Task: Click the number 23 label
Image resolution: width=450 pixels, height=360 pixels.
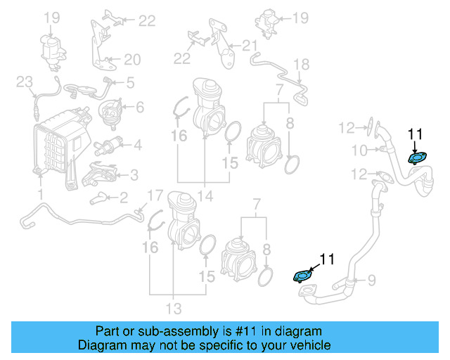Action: tap(25, 83)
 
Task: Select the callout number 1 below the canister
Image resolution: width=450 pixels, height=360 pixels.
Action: tap(40, 193)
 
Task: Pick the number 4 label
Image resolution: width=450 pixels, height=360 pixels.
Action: tap(130, 83)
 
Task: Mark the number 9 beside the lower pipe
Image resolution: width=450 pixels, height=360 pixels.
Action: tap(359, 150)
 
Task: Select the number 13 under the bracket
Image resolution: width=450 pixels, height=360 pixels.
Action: tap(205, 195)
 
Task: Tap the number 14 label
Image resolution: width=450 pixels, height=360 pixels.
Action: tap(155, 194)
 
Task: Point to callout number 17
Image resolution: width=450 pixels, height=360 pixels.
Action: tap(301, 65)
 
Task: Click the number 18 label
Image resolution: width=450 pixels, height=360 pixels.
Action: tap(133, 59)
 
